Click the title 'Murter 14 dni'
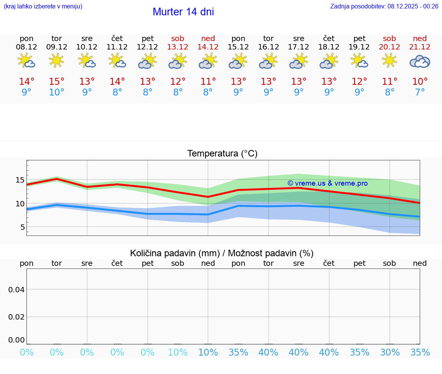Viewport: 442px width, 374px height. (183, 12)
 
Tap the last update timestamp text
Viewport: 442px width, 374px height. (384, 6)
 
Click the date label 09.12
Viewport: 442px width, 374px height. (57, 47)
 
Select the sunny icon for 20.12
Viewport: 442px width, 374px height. (389, 61)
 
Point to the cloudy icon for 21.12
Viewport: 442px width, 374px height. (420, 61)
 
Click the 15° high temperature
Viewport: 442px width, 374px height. (57, 82)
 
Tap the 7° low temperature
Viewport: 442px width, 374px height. (420, 92)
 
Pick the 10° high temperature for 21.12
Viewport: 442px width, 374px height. (420, 82)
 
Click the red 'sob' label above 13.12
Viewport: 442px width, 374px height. (178, 38)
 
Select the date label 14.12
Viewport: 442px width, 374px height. (208, 47)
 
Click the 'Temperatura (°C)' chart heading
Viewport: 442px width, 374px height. (222, 154)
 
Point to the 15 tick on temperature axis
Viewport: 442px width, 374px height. (20, 180)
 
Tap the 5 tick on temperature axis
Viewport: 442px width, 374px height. (22, 227)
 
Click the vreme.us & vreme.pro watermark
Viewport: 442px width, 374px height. (327, 183)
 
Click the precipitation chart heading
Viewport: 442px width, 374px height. (222, 253)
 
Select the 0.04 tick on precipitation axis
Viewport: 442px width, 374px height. (16, 290)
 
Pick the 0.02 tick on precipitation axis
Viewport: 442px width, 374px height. (16, 317)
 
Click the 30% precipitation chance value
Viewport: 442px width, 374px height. (389, 353)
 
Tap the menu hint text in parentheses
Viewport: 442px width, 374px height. (43, 6)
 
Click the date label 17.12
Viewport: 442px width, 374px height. (299, 47)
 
